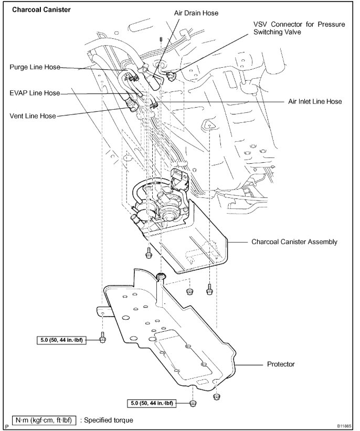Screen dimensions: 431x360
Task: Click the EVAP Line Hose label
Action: (35, 93)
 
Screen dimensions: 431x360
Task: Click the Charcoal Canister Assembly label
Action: (294, 242)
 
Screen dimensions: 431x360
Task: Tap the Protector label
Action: (281, 363)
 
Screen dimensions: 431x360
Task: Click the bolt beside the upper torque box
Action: (102, 339)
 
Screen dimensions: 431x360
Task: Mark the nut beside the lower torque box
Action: (193, 403)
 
